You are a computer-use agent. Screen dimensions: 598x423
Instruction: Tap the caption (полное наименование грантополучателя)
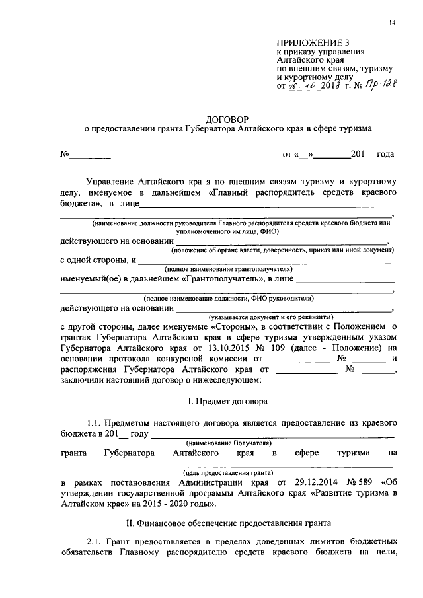tap(229, 269)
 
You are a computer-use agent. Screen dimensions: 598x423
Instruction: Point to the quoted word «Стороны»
tap(234, 326)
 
